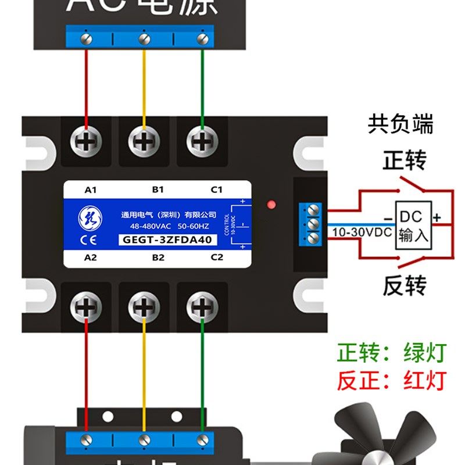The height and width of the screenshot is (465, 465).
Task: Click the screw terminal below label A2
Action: click(x=87, y=305)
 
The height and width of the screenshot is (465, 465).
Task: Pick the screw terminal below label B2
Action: click(x=143, y=305)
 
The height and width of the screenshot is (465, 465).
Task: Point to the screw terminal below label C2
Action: click(x=201, y=305)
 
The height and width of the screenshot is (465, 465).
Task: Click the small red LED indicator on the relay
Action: click(x=270, y=204)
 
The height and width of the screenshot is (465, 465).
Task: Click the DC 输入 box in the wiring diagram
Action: click(x=413, y=226)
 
